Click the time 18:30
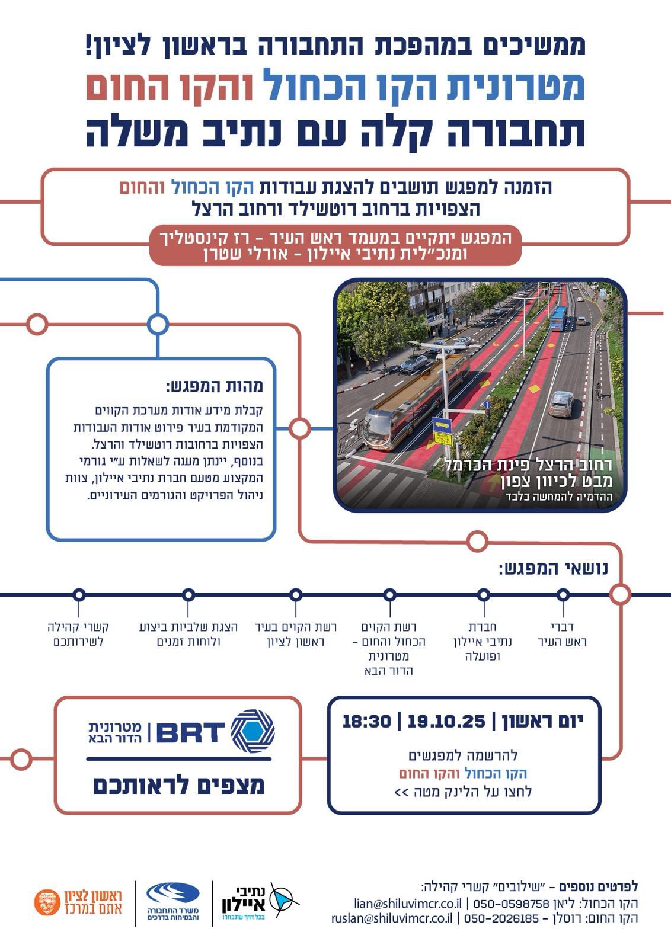coord(366,721)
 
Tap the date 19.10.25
coord(446,721)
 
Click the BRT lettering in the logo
coord(190,732)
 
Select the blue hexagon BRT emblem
coord(253,731)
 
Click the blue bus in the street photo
coord(558,318)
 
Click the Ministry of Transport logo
coord(173,901)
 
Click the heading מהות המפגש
coord(214,386)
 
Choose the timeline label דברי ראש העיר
coord(562,634)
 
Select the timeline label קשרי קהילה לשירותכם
coord(78,634)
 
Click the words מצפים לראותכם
coord(179,786)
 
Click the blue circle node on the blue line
coord(158,325)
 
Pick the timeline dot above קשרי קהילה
coord(79,595)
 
